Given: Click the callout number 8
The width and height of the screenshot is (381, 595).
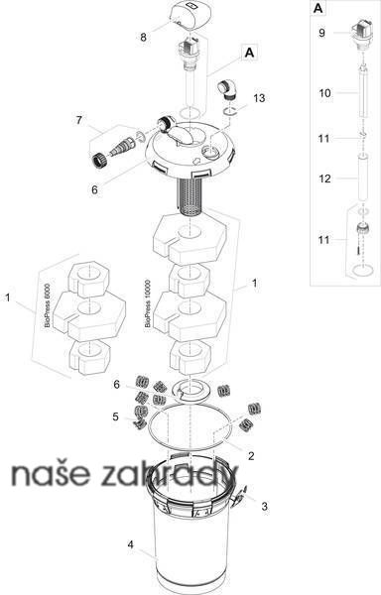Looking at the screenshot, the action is point(143,38).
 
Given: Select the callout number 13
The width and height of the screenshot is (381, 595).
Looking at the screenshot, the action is point(259,98).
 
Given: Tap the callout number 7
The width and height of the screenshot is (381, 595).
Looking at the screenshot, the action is point(79,120).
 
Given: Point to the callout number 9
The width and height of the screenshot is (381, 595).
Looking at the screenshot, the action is point(321,33).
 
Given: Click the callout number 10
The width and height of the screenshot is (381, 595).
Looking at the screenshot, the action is point(324,93).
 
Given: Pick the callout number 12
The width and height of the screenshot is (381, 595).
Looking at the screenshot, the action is point(324,178).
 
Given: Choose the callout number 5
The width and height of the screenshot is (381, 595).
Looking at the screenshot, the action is point(115,416).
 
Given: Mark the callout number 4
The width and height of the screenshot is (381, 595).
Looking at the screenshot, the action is point(131,544).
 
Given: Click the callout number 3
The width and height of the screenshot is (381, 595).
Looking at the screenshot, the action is point(265,506).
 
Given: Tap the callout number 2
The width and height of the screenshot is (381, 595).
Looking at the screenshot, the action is point(251,456).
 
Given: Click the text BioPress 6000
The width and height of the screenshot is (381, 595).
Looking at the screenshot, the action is point(47,305).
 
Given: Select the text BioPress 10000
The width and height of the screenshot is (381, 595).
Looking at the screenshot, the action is point(148,303).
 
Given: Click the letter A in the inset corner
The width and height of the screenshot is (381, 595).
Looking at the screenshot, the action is point(318,8).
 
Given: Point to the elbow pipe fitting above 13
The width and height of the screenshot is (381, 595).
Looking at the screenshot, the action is point(226,90).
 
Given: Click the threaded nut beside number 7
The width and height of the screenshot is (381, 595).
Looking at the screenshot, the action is point(98,160).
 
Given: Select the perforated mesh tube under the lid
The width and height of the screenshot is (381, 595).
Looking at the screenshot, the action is point(192,196).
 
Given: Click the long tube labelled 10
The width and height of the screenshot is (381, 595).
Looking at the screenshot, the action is point(363,92).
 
